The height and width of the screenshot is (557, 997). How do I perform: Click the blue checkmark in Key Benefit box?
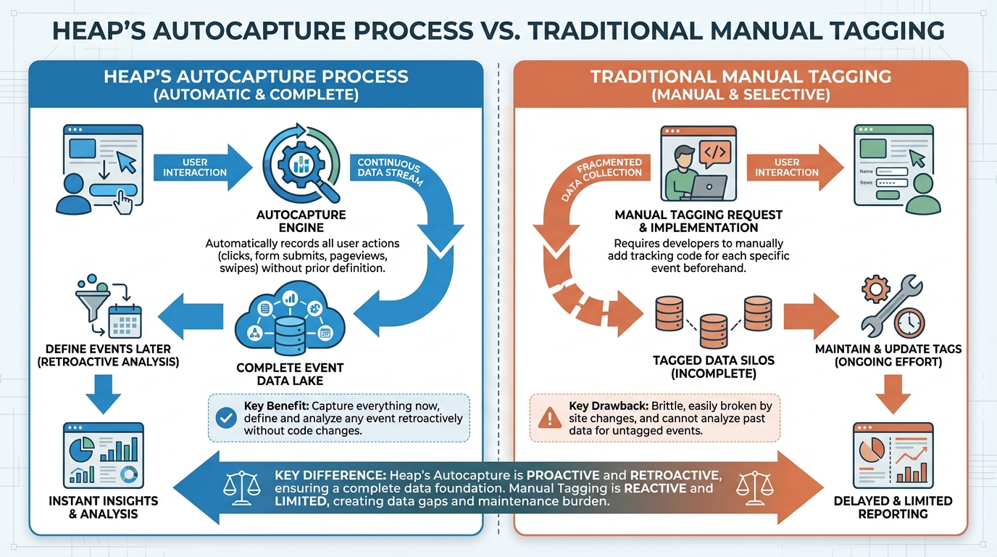click(x=227, y=418)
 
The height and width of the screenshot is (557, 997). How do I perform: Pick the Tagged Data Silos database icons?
click(x=714, y=320)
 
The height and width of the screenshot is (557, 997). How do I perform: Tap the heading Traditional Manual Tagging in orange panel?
click(x=741, y=76)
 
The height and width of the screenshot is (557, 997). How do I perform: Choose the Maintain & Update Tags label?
click(x=888, y=349)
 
